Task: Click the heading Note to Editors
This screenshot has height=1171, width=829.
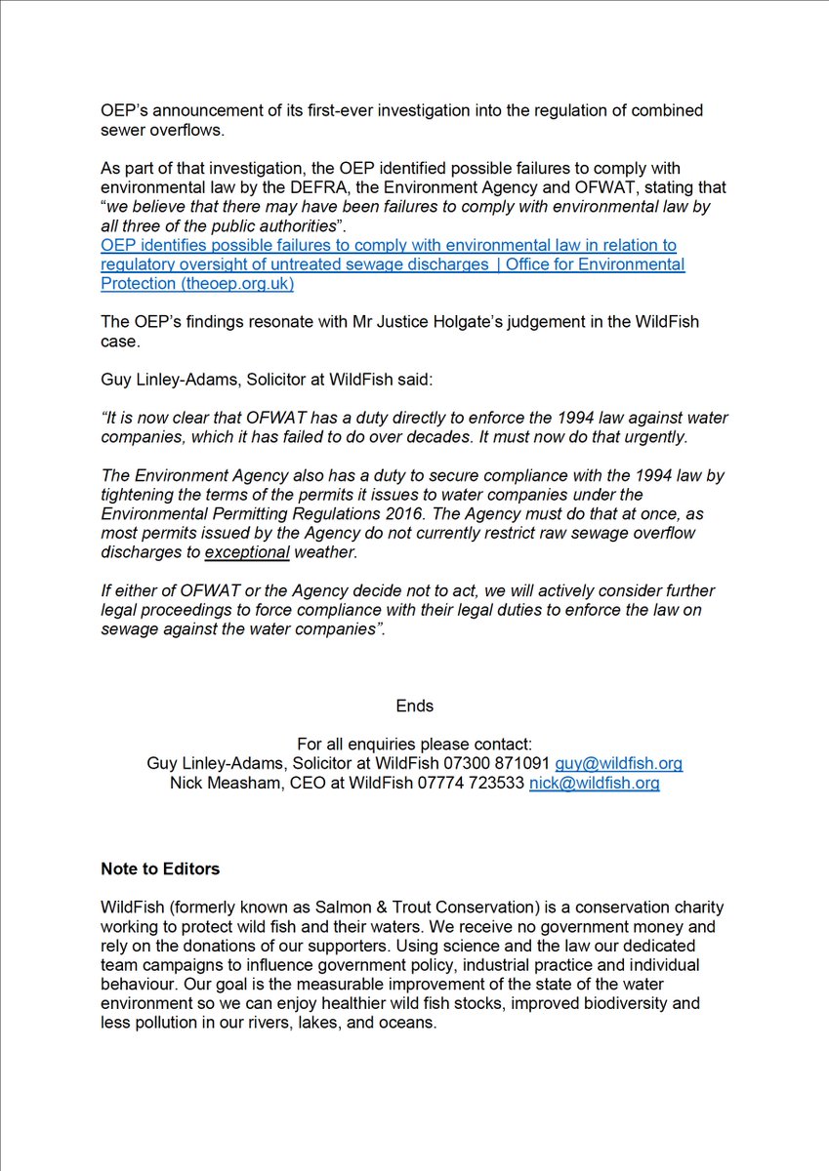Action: pyautogui.click(x=160, y=868)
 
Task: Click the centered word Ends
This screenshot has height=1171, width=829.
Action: pyautogui.click(x=415, y=705)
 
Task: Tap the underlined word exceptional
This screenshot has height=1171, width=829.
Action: pyautogui.click(x=247, y=552)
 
